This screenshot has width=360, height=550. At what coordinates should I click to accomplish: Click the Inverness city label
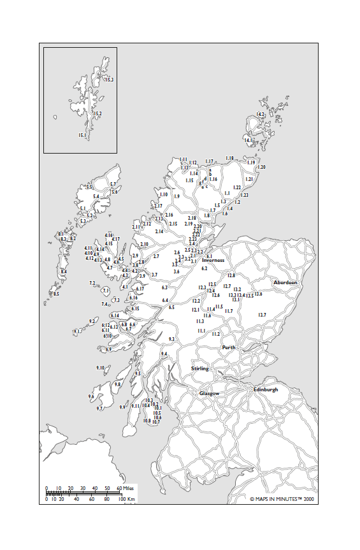[213, 260]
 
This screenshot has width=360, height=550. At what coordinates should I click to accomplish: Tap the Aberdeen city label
[285, 282]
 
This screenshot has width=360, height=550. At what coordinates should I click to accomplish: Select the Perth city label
[229, 347]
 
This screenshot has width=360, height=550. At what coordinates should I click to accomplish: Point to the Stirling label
[200, 368]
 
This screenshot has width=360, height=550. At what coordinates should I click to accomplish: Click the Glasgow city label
[210, 393]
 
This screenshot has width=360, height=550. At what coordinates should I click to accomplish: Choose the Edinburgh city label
[266, 389]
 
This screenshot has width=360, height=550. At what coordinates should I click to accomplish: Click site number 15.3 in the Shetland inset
[109, 80]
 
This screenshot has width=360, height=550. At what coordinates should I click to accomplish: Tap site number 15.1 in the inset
[82, 135]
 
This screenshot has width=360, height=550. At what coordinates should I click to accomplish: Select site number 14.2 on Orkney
[260, 114]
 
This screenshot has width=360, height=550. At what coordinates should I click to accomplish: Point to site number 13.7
[262, 315]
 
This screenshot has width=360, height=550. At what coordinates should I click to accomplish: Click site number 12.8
[231, 275]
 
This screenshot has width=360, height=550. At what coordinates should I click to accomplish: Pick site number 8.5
[56, 294]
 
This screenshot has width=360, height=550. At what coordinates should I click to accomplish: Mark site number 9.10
[100, 368]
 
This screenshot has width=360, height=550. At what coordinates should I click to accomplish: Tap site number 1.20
[261, 167]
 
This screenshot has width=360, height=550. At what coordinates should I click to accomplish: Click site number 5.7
[113, 184]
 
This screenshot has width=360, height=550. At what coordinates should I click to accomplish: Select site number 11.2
[215, 334]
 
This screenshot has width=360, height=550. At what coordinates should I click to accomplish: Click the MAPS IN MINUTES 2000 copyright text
[282, 499]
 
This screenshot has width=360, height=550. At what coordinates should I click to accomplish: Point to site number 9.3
[171, 339]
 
